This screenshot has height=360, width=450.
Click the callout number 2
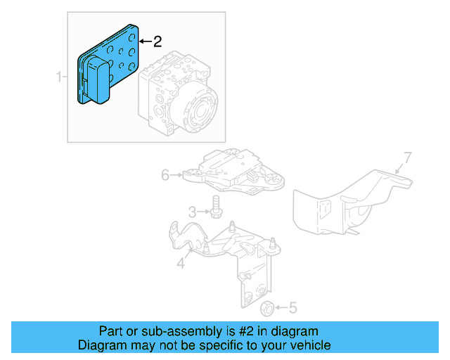point(157,41)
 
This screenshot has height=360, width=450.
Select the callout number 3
point(191,212)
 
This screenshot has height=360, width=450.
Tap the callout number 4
point(181,264)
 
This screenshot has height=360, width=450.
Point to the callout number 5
point(293,307)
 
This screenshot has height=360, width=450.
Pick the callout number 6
point(165,174)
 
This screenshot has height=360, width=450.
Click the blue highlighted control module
point(105,67)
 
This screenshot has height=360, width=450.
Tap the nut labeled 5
point(267,308)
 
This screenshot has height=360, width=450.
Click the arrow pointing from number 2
point(144,41)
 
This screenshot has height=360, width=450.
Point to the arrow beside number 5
point(281,307)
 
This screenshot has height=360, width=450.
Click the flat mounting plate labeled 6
point(232,172)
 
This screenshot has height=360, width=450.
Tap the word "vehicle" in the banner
point(309,345)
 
